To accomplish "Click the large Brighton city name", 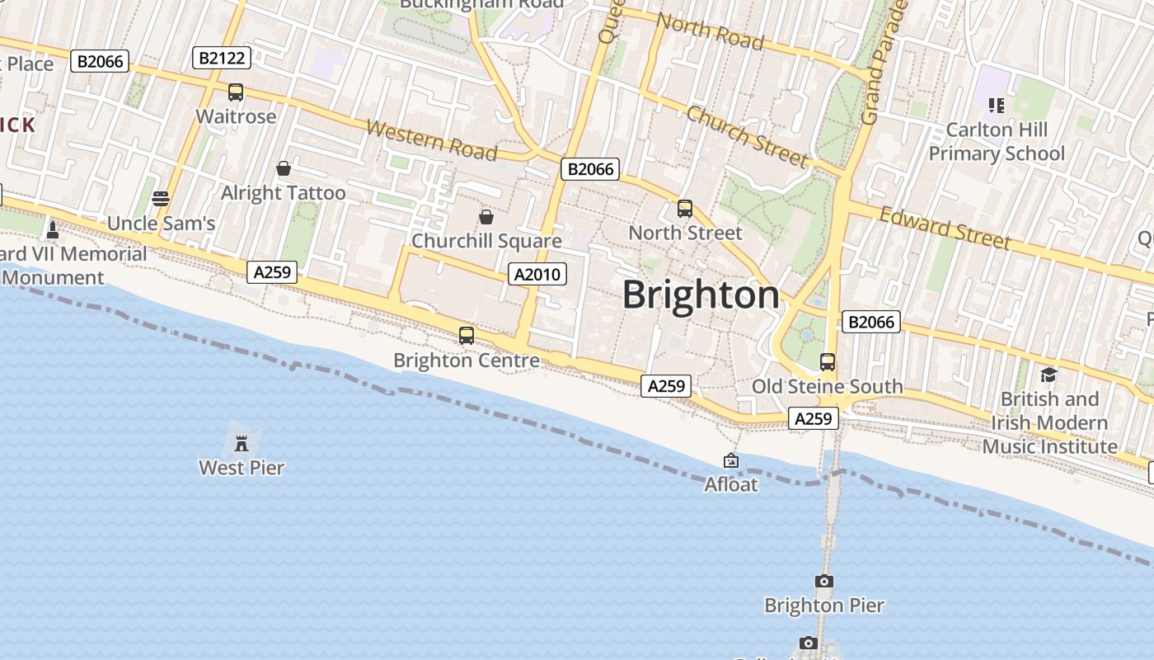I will [x=701, y=295].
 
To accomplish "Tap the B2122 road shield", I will [x=221, y=58].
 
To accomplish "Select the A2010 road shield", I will [x=537, y=274].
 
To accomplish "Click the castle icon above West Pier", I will [x=242, y=443].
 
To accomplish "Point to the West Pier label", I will [x=242, y=468].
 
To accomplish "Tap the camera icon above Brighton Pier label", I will [x=823, y=581].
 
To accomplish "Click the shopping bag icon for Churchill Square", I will [x=486, y=217].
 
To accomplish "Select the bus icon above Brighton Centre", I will [x=467, y=336].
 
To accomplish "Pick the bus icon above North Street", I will [x=685, y=209].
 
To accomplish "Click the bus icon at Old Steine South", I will [x=828, y=362].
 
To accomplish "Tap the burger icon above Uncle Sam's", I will [x=161, y=199].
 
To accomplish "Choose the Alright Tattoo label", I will [x=284, y=193].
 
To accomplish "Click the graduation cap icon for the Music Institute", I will [x=1048, y=375].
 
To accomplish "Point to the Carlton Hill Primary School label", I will [x=997, y=141].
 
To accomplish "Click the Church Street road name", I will [x=747, y=136].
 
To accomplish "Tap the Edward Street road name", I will [x=945, y=228].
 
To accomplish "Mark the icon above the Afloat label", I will [x=730, y=460].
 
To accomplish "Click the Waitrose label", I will [x=236, y=116].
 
